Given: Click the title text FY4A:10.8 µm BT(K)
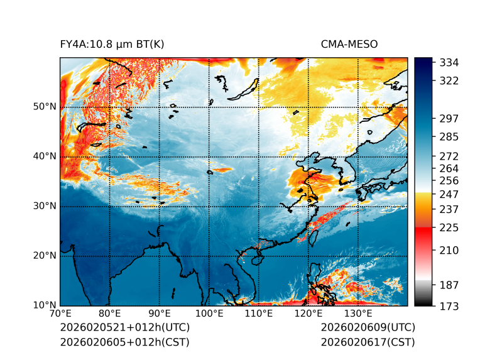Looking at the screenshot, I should pos(112,44).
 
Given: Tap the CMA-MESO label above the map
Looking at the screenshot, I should pos(349,44).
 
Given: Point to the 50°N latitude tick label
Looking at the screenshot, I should pos(45,106).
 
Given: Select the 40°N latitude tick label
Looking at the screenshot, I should pos(45,156).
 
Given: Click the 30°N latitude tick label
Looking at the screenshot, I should pos(45,205).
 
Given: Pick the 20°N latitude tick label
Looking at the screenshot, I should pos(45,255).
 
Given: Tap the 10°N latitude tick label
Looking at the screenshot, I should pos(45,305).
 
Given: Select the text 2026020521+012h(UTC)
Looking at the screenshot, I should pos(124,328).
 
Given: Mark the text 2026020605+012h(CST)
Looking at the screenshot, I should pos(124,342).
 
